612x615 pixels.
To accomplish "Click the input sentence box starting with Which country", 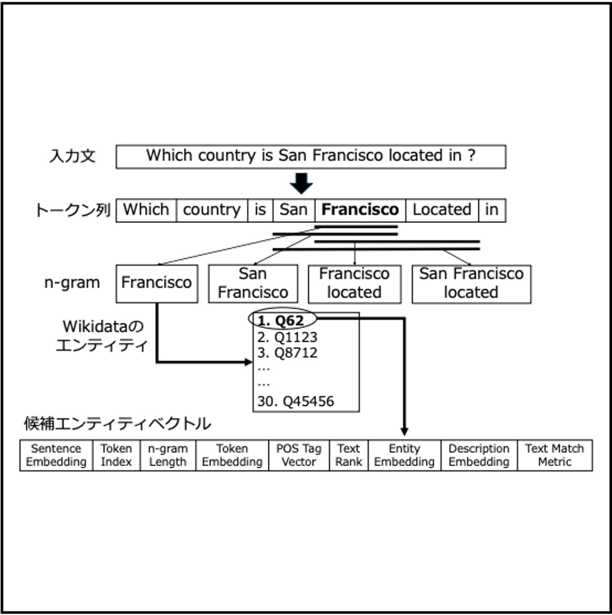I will (x=310, y=156).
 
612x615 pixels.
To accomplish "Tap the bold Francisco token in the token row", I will (x=360, y=210).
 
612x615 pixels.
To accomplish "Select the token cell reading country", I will (x=212, y=210).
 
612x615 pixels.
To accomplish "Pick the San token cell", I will (x=293, y=210).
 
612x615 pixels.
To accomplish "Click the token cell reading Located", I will (x=442, y=210).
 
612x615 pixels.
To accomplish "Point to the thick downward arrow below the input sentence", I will (x=301, y=183).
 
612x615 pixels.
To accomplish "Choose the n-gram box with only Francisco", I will (x=157, y=283).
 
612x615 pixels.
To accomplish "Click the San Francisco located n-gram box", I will (x=471, y=283).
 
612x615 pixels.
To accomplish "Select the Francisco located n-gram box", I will (x=354, y=283).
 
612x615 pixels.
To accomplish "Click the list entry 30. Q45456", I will (x=296, y=402).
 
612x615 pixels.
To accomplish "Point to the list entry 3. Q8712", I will (x=287, y=353).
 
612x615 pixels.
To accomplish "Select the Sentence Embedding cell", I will (x=56, y=455).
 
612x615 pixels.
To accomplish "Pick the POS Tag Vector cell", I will (x=299, y=455).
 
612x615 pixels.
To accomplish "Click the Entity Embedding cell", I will (x=404, y=455).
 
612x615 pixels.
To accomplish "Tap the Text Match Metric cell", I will (x=554, y=455).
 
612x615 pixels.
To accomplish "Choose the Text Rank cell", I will (x=348, y=455).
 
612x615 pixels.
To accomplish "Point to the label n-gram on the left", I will (x=72, y=283).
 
